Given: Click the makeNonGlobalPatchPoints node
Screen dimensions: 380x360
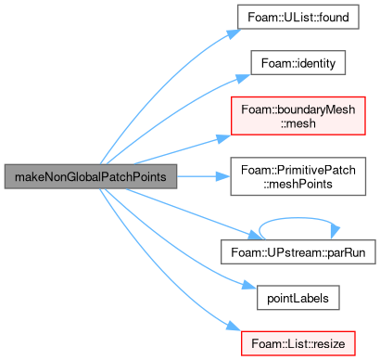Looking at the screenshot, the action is [x=91, y=176].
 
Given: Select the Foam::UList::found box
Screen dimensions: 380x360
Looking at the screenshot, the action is [x=298, y=17].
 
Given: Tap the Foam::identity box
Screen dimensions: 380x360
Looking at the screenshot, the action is [x=298, y=63].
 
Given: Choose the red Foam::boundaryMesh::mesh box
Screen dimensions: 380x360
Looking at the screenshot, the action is [x=298, y=116].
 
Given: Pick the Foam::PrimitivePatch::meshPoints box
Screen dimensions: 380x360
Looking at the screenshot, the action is [x=298, y=176].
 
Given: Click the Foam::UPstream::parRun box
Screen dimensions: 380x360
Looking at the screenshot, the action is [x=298, y=252].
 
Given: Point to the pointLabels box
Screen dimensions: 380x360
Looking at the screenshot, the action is [x=298, y=298].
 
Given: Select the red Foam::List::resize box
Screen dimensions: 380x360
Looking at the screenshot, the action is [x=298, y=343].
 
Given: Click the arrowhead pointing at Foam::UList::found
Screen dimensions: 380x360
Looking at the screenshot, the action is [x=234, y=33].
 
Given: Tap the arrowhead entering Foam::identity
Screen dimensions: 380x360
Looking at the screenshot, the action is [x=244, y=78].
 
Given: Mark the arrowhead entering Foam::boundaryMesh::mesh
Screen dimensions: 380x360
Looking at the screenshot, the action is [x=223, y=139].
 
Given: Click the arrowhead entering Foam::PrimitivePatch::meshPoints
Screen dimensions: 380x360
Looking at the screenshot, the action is [x=222, y=176].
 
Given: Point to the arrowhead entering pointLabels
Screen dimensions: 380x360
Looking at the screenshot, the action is [x=249, y=285].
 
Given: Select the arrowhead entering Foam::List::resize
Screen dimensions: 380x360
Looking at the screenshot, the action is [x=234, y=327].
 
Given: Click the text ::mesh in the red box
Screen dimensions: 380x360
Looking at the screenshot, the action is [x=298, y=123].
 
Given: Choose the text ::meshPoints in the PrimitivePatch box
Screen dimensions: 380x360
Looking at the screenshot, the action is [x=298, y=184].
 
